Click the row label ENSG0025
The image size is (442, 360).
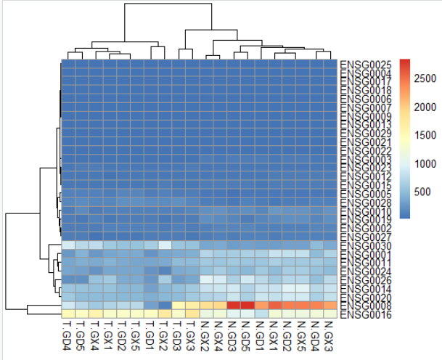[366, 65]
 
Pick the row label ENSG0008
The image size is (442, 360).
[366, 306]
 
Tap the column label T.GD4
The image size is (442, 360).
[67, 335]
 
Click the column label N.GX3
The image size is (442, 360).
[330, 335]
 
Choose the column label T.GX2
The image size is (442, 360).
[164, 335]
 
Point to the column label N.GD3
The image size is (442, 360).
[233, 335]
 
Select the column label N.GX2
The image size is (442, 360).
[205, 335]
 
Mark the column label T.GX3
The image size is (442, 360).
[192, 335]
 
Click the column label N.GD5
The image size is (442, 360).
[247, 335]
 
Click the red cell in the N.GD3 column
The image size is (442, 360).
[233, 306]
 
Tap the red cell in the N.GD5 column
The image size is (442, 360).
[247, 306]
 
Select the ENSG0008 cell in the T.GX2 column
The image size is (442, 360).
[164, 306]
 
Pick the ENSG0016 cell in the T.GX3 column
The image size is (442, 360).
[192, 314]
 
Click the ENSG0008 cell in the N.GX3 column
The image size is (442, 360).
[330, 306]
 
